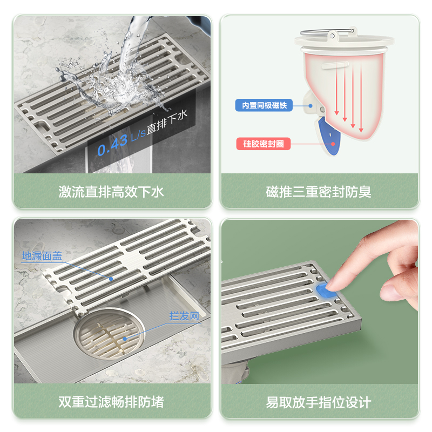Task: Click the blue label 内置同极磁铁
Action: (x=264, y=105)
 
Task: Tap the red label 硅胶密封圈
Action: (x=264, y=144)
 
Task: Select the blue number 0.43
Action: (x=113, y=145)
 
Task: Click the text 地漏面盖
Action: (x=42, y=256)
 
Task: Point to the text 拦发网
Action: (x=184, y=316)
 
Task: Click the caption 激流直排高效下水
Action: (x=111, y=192)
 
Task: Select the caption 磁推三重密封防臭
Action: (x=319, y=192)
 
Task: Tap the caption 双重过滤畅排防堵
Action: (x=111, y=402)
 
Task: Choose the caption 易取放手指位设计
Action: (x=319, y=402)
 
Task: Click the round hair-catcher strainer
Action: (x=110, y=334)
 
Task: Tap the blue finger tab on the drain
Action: (x=324, y=291)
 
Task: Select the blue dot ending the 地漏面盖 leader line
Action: (x=111, y=279)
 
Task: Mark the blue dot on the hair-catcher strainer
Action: (x=125, y=339)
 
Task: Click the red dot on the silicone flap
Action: (x=333, y=144)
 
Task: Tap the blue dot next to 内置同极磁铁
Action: (x=310, y=106)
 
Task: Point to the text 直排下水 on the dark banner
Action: (x=167, y=122)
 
